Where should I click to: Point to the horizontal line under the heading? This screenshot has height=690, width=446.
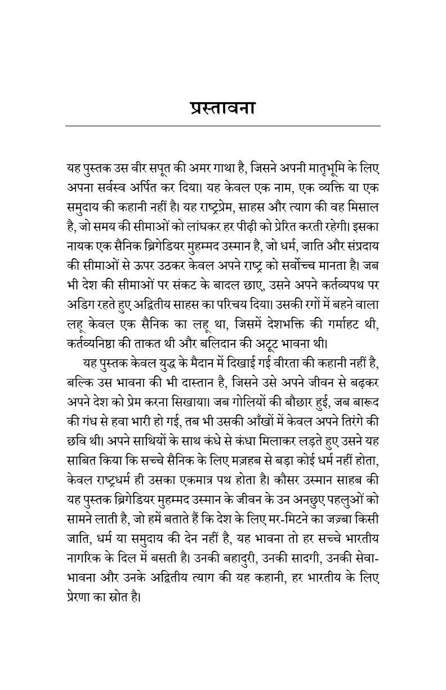pyautogui.click(x=222, y=125)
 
